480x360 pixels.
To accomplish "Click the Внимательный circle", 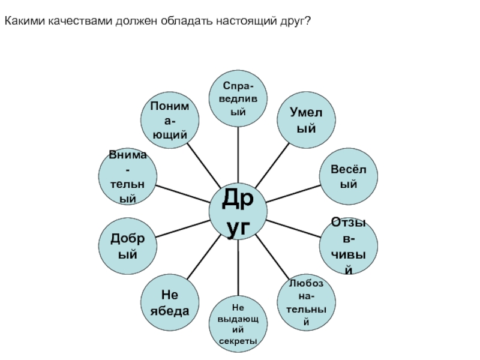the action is [127, 177].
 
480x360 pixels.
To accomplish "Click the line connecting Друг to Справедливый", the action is [238, 153].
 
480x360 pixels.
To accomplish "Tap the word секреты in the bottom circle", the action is [238, 341].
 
